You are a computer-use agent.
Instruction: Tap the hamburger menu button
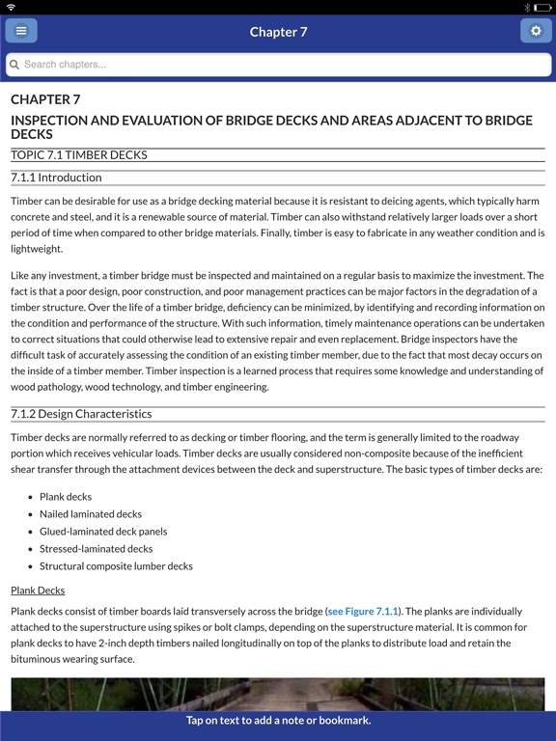21,31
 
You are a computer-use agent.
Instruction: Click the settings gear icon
536,31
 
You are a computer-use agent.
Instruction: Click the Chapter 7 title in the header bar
278,32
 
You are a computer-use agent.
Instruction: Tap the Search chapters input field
280,65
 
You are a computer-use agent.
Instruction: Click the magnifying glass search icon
14,65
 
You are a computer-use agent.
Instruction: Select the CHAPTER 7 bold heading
45,99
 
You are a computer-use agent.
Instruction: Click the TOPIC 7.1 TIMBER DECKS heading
79,154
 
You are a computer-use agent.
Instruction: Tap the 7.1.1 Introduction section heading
56,178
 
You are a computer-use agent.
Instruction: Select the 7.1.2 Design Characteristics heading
81,414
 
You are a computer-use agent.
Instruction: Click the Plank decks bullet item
66,497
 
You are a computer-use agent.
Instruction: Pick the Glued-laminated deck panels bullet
103,532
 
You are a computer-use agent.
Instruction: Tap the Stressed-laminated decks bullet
96,549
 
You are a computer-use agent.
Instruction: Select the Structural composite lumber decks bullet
116,566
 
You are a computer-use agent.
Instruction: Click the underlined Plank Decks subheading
38,590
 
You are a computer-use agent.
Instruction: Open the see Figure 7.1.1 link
363,612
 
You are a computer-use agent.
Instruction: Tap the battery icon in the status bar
542,7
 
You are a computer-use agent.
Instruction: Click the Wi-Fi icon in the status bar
12,7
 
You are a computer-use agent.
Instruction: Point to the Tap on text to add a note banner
278,721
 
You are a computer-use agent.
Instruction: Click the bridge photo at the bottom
278,694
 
